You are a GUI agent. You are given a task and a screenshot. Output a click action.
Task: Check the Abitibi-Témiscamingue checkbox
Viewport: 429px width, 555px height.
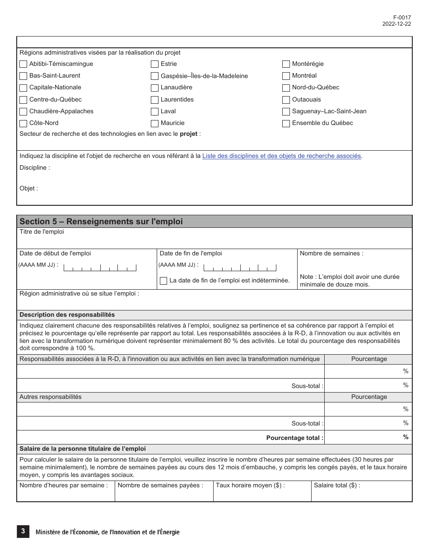coord(23,64)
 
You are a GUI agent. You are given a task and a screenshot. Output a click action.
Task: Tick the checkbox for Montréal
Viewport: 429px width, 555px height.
coord(286,76)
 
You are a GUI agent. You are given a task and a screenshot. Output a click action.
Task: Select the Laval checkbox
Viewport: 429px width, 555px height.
coord(154,111)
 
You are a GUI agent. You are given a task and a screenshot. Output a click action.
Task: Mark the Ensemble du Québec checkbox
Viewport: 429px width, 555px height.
coord(286,123)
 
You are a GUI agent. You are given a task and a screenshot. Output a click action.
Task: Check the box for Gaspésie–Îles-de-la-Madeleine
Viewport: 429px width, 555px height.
coord(154,76)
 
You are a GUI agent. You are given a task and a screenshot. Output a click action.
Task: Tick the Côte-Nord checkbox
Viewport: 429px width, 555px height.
coord(23,123)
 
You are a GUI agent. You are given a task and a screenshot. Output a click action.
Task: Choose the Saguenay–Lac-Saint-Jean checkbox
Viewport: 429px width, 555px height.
coord(286,111)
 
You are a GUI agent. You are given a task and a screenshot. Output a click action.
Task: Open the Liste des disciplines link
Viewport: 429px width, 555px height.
coord(282,156)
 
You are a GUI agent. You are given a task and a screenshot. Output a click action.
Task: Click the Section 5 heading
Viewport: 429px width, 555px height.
coord(101,222)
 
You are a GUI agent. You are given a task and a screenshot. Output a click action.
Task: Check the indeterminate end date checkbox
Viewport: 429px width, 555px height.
coord(163,281)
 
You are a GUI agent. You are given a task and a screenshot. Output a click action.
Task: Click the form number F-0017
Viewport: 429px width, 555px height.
coord(402,18)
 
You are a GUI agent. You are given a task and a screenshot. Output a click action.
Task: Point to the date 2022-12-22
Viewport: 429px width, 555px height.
coord(396,24)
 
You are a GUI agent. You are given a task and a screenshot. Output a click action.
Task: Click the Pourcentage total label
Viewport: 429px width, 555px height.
coord(294,438)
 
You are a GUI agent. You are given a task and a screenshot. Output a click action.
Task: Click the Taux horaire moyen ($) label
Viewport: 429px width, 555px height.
coord(250,486)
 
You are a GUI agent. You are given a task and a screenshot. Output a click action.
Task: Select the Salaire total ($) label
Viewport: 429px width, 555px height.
coord(337,486)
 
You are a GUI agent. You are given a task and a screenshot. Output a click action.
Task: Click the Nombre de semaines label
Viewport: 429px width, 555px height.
coord(331,254)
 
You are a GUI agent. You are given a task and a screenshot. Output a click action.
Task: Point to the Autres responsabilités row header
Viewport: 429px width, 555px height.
coord(51,397)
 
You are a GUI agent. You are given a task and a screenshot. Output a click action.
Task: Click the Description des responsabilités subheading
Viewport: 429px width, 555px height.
coord(67,315)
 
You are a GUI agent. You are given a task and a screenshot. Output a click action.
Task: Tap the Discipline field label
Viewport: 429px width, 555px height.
coord(35,168)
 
